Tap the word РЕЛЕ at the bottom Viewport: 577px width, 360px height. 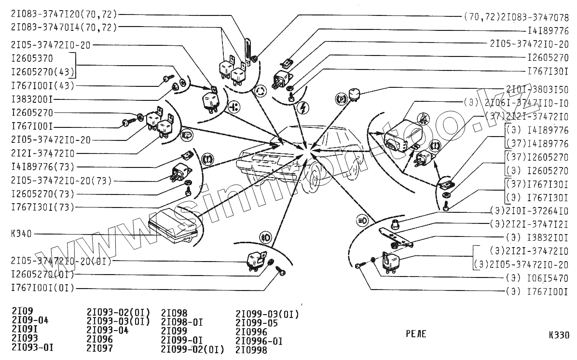click(415, 334)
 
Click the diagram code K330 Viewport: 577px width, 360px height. click(559, 335)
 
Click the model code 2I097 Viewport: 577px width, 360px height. click(100, 348)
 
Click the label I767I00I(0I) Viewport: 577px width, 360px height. click(43, 289)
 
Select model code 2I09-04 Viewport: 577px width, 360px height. click(30, 320)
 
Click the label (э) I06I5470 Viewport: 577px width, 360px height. click(537, 278)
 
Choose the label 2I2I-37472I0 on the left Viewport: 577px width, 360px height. click(43, 153)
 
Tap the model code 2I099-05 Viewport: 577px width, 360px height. click(257, 323)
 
